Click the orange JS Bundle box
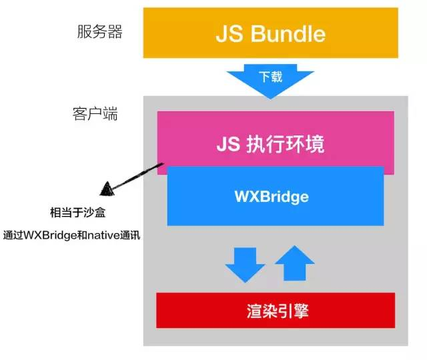click(270, 34)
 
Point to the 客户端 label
click(95, 114)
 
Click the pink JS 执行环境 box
click(275, 143)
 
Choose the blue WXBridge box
click(275, 196)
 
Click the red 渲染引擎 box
click(275, 311)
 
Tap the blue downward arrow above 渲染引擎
click(245, 264)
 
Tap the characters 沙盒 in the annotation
click(95, 213)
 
